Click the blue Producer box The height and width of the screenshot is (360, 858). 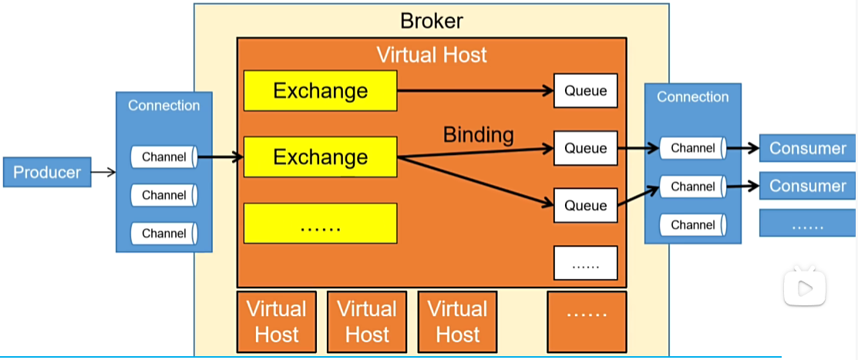click(x=47, y=172)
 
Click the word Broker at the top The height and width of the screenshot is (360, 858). click(x=432, y=21)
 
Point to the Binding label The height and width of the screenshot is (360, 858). click(x=478, y=135)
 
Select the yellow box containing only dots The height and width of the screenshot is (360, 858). click(x=320, y=224)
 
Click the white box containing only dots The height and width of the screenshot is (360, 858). click(x=585, y=263)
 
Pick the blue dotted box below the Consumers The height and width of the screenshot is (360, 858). click(x=807, y=224)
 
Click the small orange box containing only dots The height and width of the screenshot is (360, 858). click(x=586, y=318)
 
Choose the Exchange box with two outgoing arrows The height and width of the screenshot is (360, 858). click(x=320, y=157)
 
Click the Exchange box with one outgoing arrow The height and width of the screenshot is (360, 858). click(x=320, y=91)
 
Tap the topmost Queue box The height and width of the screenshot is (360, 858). click(x=585, y=91)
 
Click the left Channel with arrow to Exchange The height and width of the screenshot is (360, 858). click(x=164, y=157)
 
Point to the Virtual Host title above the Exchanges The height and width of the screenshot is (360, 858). click(x=431, y=55)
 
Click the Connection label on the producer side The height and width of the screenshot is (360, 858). click(x=163, y=106)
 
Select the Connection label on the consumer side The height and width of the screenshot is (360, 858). click(x=692, y=97)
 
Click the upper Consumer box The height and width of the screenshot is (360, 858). click(x=807, y=148)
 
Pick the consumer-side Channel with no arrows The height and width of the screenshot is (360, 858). click(x=693, y=225)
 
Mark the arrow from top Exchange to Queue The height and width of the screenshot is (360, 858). click(x=475, y=91)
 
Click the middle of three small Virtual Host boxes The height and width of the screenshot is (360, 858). click(x=367, y=321)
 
